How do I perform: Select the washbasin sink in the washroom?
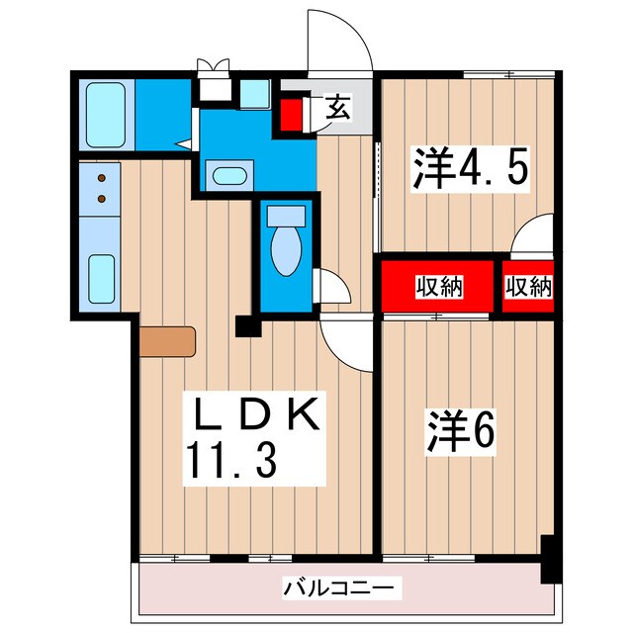click(x=229, y=178)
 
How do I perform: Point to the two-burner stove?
click(x=101, y=189)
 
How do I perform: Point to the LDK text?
click(x=253, y=416)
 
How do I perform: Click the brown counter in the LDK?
click(x=168, y=340)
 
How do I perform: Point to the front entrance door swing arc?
click(x=339, y=42)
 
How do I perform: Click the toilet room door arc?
click(x=333, y=287)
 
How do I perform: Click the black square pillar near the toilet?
click(x=246, y=325)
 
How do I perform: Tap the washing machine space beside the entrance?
click(x=254, y=94)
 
